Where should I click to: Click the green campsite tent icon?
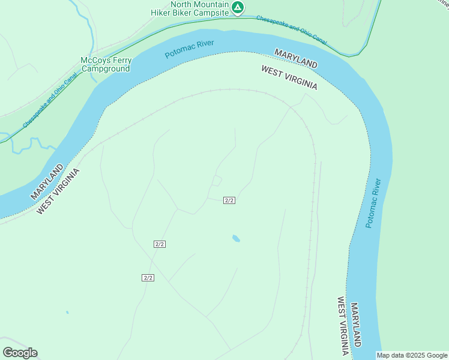[238, 8]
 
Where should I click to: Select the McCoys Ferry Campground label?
[106, 64]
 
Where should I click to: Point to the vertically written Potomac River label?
[373, 203]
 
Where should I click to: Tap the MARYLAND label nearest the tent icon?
[296, 58]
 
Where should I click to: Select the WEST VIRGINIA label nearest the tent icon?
[289, 78]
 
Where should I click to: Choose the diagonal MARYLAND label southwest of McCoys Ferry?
[47, 182]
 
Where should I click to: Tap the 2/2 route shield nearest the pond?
[229, 200]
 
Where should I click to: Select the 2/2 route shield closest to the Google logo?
[148, 277]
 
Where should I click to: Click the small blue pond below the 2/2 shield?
[236, 239]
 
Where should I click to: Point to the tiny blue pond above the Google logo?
[67, 312]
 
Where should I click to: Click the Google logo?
[20, 353]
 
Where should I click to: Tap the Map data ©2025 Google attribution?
[412, 355]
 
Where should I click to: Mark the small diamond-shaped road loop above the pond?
[217, 181]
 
